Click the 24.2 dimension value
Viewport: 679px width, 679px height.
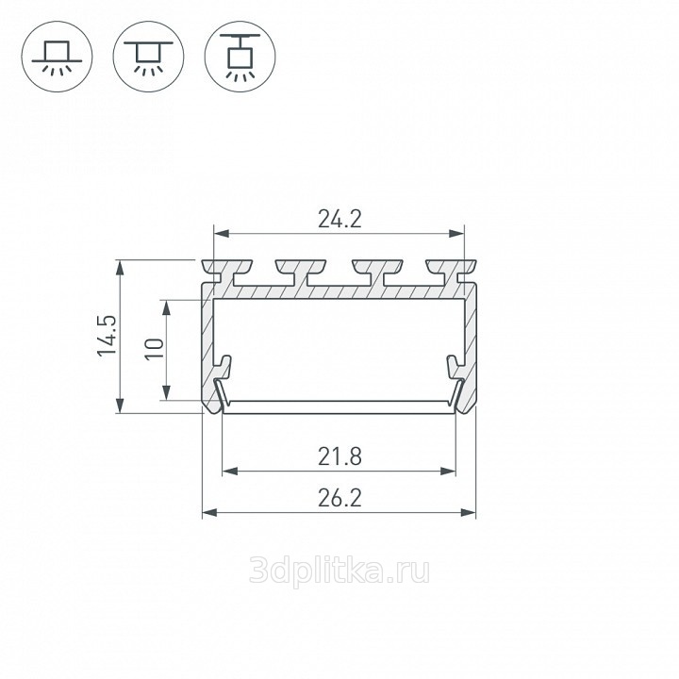pyautogui.click(x=339, y=219)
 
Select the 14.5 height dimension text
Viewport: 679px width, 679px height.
pyautogui.click(x=107, y=336)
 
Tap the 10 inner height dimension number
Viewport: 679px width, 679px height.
pyautogui.click(x=155, y=349)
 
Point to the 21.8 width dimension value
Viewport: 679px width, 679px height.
pyautogui.click(x=339, y=456)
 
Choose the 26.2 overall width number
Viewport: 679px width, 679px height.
pyautogui.click(x=339, y=498)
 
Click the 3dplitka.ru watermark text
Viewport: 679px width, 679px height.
pyautogui.click(x=339, y=571)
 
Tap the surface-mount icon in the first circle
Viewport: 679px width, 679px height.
pyautogui.click(x=57, y=57)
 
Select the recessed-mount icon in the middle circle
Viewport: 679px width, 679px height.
pyautogui.click(x=149, y=57)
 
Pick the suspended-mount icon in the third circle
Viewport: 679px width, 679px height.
pyautogui.click(x=240, y=57)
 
